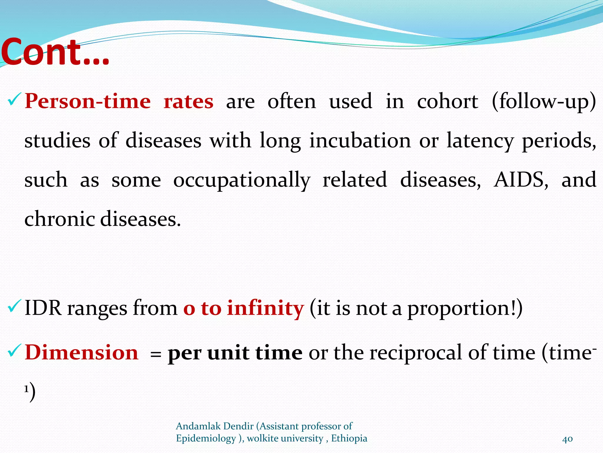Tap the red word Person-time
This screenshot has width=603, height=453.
tap(88, 101)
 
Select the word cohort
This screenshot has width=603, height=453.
tap(448, 101)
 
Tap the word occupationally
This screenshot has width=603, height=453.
tap(241, 180)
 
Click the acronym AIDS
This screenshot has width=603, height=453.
tap(521, 180)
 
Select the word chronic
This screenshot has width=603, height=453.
tap(61, 219)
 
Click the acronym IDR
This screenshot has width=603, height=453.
tap(43, 308)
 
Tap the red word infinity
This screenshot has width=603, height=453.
tap(265, 308)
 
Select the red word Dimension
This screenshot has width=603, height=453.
tap(82, 352)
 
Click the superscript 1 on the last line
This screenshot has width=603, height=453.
tap(26, 389)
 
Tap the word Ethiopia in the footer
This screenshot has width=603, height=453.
tap(349, 438)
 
